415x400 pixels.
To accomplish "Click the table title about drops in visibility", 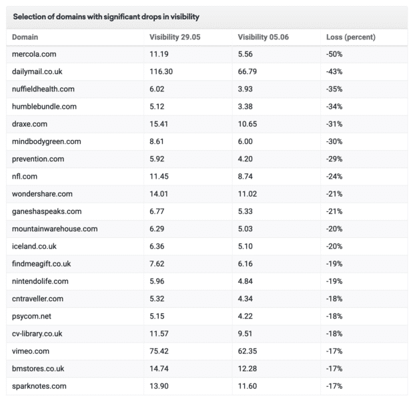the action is pyautogui.click(x=106, y=17).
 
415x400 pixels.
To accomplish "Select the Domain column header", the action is pyautogui.click(x=25, y=37).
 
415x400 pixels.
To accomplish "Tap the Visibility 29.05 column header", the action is pyautogui.click(x=175, y=37).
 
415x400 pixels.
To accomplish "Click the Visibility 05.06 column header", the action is pyautogui.click(x=263, y=37).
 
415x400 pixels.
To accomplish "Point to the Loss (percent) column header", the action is pyautogui.click(x=351, y=37).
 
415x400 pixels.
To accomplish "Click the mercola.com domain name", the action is pyautogui.click(x=34, y=54).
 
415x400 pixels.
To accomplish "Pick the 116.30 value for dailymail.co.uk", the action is pyautogui.click(x=161, y=71).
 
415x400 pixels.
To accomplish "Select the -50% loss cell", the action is pyautogui.click(x=334, y=54).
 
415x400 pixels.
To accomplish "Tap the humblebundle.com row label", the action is pyautogui.click(x=44, y=107).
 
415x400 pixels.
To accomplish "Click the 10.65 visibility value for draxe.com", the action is pyautogui.click(x=248, y=124).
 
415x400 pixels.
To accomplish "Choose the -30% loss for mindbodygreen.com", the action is pyautogui.click(x=334, y=141).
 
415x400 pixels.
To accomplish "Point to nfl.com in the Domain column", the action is pyautogui.click(x=25, y=177).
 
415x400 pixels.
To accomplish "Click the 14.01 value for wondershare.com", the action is pyautogui.click(x=159, y=194).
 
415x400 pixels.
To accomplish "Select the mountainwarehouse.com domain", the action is pyautogui.click(x=55, y=229).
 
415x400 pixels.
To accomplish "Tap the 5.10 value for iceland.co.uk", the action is pyautogui.click(x=245, y=246).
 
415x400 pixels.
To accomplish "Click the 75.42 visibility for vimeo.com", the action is pyautogui.click(x=159, y=351).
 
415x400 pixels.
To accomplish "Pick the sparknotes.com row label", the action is pyautogui.click(x=39, y=386).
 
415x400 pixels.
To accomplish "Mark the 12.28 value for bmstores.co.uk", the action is pyautogui.click(x=248, y=369).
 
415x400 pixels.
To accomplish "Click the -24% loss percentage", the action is pyautogui.click(x=334, y=177).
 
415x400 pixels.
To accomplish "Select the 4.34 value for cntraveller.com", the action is pyautogui.click(x=245, y=299).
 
